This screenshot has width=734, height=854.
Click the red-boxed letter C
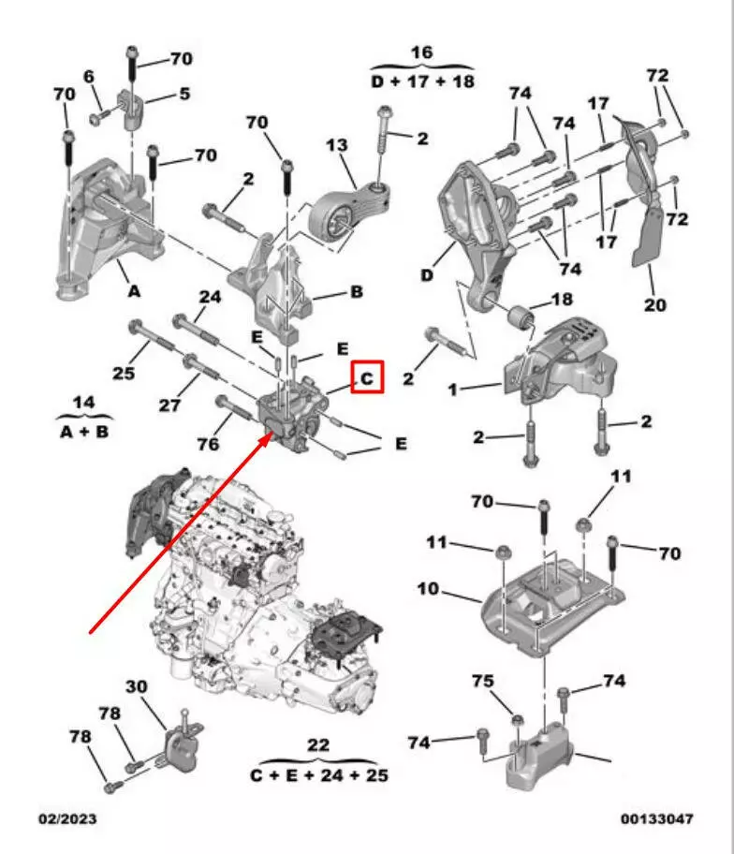(x=367, y=378)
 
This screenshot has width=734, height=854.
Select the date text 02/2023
(x=66, y=819)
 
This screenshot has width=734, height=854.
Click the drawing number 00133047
(x=657, y=819)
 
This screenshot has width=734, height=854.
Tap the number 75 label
(x=481, y=683)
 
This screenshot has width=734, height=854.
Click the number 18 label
(x=562, y=300)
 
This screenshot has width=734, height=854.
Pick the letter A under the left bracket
(x=134, y=292)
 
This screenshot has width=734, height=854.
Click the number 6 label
(x=89, y=75)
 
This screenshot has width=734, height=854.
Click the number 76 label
(x=209, y=444)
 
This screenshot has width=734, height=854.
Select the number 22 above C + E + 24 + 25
(x=318, y=745)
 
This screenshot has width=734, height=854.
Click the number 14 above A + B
(x=84, y=403)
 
